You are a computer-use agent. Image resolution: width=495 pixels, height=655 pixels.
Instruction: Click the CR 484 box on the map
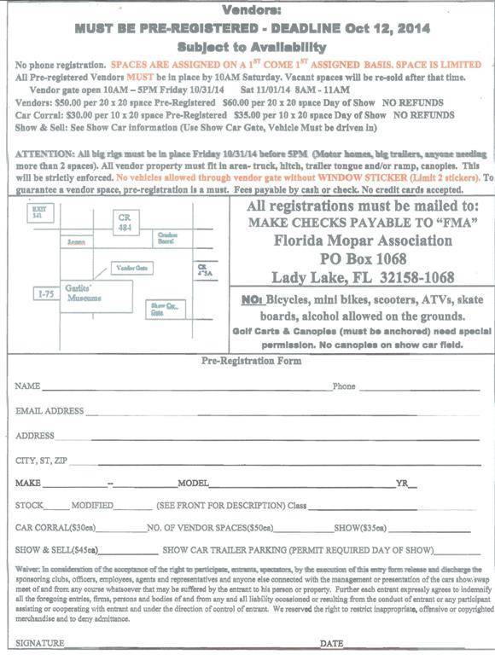coord(125,223)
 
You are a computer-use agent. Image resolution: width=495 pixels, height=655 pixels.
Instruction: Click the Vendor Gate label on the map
coord(131,268)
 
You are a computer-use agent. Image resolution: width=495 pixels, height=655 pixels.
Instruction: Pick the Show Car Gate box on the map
coord(163,308)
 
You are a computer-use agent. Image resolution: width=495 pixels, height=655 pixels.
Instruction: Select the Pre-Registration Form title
coord(251,361)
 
